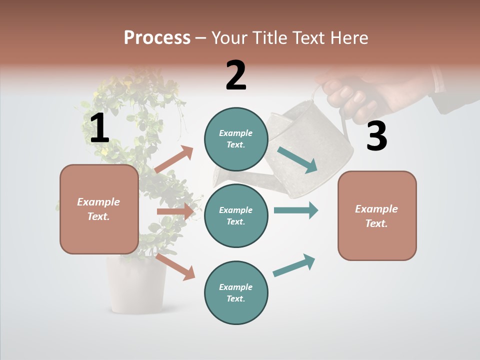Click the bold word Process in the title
(157, 38)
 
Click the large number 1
(99, 128)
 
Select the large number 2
(236, 75)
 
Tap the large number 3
(376, 136)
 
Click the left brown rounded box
(99, 209)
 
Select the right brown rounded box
(377, 215)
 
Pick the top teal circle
(236, 138)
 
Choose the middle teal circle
(236, 215)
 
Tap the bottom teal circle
(236, 292)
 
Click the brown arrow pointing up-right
(174, 159)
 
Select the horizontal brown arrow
(175, 211)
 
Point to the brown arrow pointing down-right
(175, 266)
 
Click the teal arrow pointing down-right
(297, 159)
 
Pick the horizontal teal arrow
(295, 210)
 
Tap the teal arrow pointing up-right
(294, 265)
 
